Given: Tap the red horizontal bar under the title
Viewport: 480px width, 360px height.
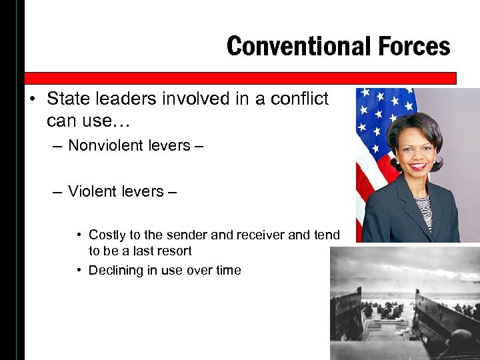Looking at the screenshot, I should (x=240, y=78).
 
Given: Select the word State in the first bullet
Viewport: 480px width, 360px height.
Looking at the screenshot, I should (x=67, y=99).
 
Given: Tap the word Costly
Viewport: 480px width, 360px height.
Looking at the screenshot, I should (x=108, y=235).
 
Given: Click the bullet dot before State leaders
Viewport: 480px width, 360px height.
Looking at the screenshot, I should (x=32, y=100).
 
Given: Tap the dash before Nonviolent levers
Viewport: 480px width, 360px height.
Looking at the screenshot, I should (x=58, y=146).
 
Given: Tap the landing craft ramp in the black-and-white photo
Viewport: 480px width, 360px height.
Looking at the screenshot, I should (x=383, y=330).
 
